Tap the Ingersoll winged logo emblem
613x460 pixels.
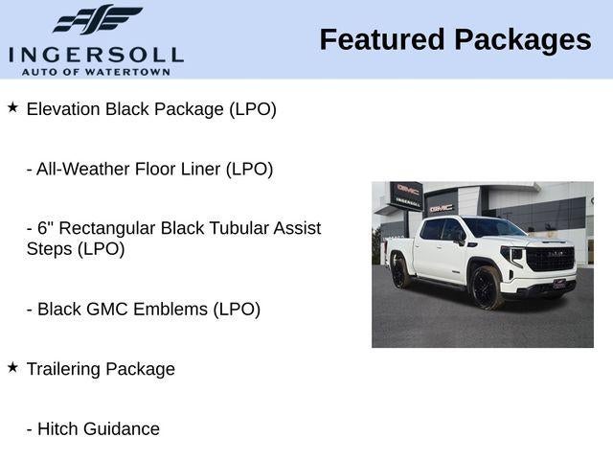[97, 20]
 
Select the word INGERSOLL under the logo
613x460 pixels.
[96, 54]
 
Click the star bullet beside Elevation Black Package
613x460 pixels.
[12, 108]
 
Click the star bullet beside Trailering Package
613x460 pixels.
[12, 367]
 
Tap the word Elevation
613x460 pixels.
[63, 109]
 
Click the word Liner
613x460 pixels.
[199, 169]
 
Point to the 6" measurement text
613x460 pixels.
[43, 228]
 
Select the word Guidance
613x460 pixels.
[120, 428]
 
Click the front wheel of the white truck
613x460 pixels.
[485, 287]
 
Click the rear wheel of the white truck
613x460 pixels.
[400, 271]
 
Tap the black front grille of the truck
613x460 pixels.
[549, 258]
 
